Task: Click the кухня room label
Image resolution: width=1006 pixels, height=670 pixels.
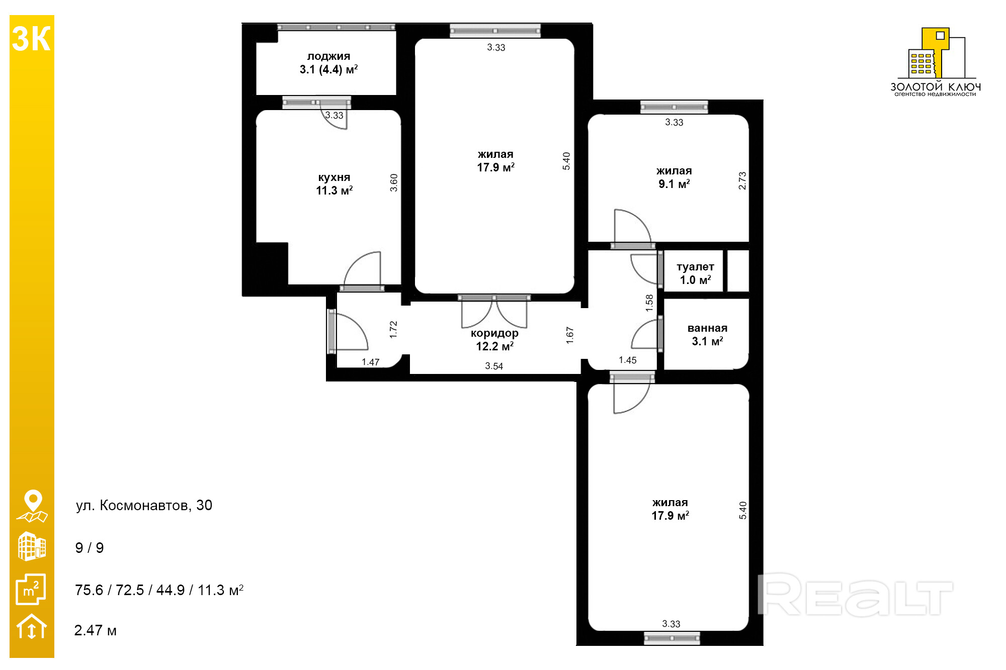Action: pos(334,177)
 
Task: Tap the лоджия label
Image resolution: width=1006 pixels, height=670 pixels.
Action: pos(328,56)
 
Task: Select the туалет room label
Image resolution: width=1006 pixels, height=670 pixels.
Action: pos(695,267)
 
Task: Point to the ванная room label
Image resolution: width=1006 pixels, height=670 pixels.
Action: pos(707,328)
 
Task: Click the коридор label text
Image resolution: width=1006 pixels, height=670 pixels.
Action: pos(494,333)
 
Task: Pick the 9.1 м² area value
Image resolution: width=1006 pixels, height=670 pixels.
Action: pos(674,184)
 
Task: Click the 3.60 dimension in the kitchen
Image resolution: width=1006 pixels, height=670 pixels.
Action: pos(394,182)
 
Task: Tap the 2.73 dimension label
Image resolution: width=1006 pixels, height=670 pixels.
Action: pos(742,181)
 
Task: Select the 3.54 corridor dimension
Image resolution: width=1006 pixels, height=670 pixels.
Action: pos(494,366)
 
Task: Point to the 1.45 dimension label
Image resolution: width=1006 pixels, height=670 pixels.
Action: pos(628,360)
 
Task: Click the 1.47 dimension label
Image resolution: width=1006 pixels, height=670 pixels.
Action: pos(371,362)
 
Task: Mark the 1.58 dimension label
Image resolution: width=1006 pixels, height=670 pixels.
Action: pos(649,303)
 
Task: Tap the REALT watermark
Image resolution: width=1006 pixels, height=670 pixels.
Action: pos(855,595)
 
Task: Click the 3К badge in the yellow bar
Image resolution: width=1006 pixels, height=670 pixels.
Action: pos(31,39)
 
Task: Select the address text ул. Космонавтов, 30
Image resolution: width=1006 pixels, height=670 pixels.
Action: pos(144,505)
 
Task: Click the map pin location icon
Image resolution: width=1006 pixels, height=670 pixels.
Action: pos(33,506)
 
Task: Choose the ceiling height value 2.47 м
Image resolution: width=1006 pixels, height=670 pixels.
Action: pos(95,630)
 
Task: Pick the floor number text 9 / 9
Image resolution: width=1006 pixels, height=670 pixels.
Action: pos(90,548)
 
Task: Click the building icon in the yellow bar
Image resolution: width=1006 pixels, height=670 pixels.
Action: pos(32,546)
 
